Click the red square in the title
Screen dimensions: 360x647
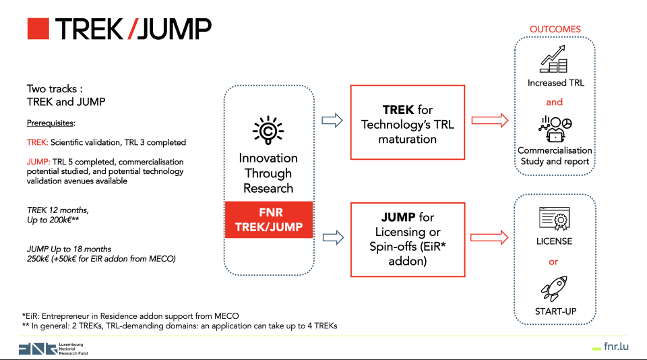tap(38, 29)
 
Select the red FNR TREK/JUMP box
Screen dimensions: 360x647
tap(268, 219)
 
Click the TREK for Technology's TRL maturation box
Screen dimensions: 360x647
tap(408, 122)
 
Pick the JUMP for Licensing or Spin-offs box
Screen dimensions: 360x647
tap(408, 237)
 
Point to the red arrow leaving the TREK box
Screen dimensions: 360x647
tap(489, 121)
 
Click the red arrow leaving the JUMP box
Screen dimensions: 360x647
tap(489, 237)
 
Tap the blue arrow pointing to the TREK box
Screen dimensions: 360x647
tap(331, 121)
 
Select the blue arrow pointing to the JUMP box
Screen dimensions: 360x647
tap(331, 237)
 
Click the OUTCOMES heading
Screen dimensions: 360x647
tap(555, 30)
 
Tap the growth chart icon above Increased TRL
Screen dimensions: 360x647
tap(555, 59)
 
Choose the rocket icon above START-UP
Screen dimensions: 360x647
tap(555, 288)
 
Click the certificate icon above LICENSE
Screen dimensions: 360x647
tap(555, 219)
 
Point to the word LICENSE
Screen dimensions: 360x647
tap(555, 241)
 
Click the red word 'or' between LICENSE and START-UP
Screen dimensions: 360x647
tap(554, 262)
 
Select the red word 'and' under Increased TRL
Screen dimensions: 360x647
tap(554, 102)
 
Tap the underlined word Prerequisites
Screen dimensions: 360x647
tap(51, 123)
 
